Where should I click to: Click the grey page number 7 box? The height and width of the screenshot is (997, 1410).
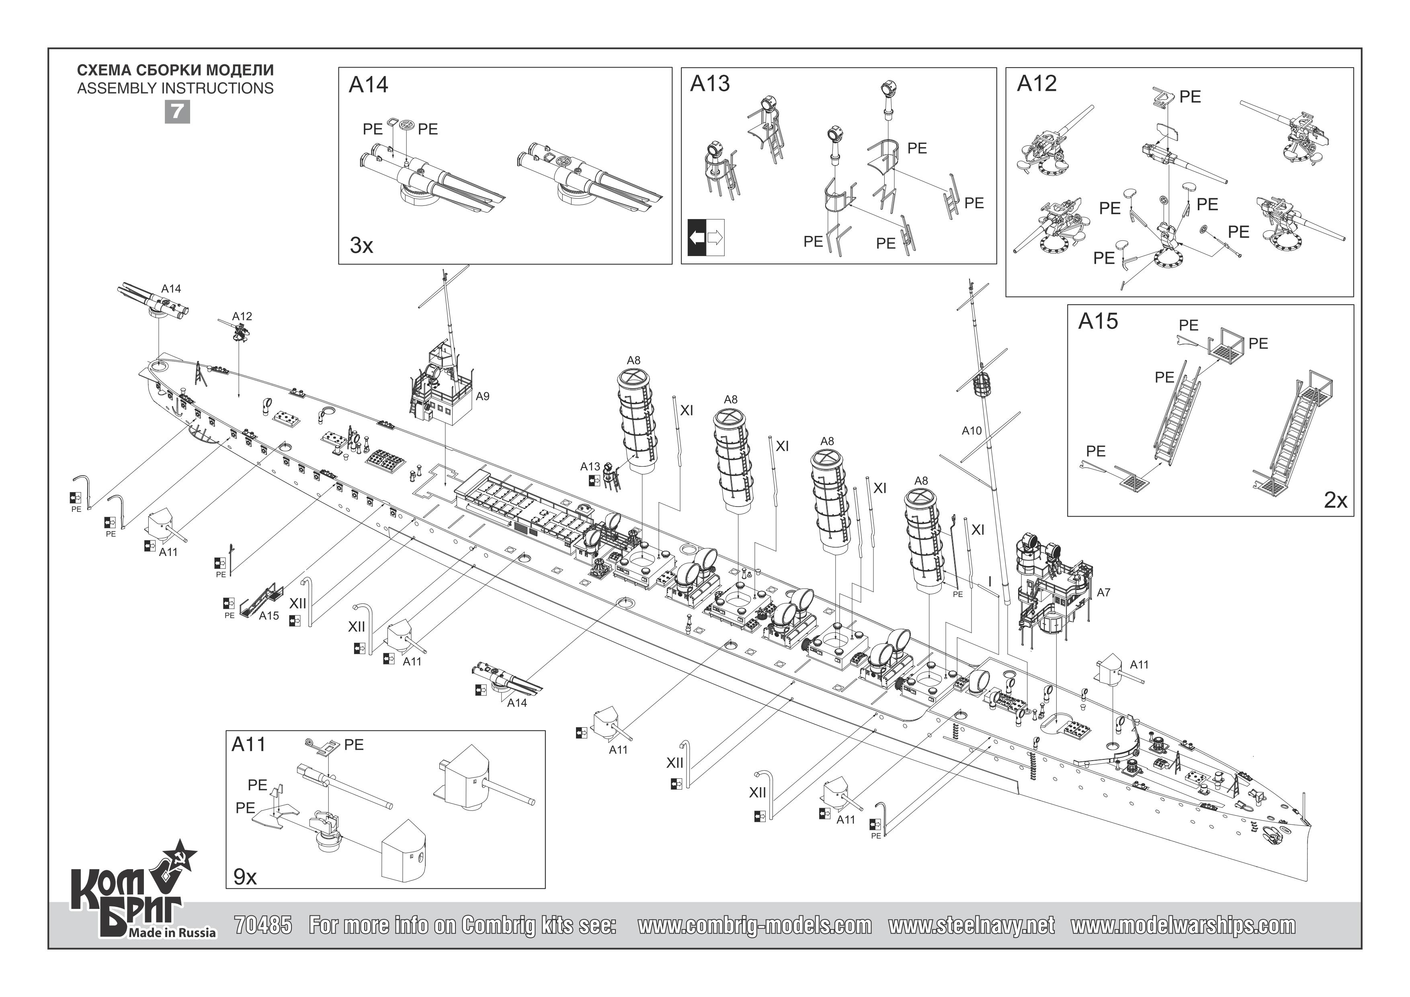177,112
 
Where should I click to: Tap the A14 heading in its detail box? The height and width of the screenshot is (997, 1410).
369,85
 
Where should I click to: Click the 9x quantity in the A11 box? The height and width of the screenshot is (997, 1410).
245,877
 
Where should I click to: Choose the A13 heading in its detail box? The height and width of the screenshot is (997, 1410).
710,84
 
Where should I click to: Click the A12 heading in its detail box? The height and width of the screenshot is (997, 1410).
1037,84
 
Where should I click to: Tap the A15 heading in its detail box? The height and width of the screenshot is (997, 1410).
1098,321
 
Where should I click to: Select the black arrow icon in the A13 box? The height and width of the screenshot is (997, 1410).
697,237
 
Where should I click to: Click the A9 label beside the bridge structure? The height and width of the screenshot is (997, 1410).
483,396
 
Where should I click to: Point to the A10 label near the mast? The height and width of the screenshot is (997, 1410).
971,431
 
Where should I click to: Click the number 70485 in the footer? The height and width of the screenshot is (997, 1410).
263,925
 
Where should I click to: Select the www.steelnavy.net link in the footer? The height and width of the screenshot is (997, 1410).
971,925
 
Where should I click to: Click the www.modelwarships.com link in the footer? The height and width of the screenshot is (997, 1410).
1183,925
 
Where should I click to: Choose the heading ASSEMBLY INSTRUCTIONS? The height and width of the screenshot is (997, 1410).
175,88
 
